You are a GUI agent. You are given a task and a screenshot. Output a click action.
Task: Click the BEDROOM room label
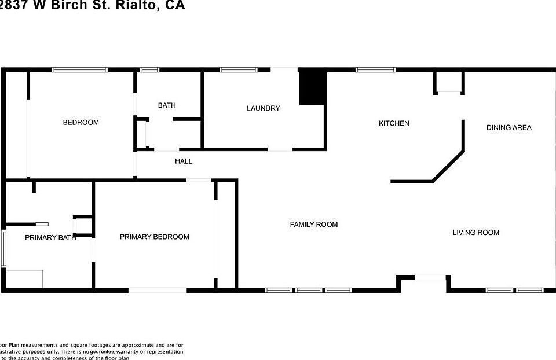[x=81, y=122]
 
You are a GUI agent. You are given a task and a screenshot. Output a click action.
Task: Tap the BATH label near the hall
[x=167, y=105]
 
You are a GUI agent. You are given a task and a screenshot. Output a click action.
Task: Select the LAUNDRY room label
[x=263, y=108]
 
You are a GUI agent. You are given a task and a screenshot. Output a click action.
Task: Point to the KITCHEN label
[x=394, y=123]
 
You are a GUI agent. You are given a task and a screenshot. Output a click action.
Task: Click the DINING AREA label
[x=509, y=127]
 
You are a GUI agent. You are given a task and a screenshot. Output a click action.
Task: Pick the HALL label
[x=184, y=161]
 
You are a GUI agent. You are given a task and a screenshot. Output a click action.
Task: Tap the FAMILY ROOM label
[x=314, y=225]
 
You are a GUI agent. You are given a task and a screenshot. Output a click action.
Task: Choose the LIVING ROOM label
[x=475, y=233]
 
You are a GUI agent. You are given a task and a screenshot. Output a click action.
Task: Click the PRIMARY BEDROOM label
[x=155, y=237]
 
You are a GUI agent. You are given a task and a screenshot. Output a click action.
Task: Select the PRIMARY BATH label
[x=50, y=237]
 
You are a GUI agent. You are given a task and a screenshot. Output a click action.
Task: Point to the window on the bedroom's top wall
[x=79, y=70]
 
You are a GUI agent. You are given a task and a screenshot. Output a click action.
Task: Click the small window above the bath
[x=149, y=70]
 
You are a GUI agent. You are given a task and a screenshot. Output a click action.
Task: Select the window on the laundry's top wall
[x=239, y=70]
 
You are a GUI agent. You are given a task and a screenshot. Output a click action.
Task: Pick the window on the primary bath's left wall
[x=3, y=249]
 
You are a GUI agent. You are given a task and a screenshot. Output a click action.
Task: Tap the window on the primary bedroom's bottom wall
[x=153, y=290]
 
